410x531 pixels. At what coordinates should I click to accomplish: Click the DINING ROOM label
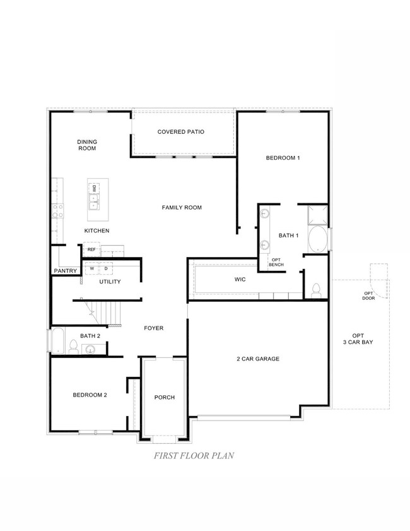(x=87, y=145)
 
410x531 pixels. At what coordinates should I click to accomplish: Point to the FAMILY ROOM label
(x=182, y=207)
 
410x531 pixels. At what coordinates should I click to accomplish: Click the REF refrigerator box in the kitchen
(x=91, y=250)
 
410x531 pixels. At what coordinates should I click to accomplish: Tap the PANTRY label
(x=65, y=271)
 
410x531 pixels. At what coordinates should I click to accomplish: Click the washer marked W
(x=91, y=268)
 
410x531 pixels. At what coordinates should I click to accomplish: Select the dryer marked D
(x=106, y=268)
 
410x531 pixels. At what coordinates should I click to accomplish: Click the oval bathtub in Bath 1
(x=317, y=240)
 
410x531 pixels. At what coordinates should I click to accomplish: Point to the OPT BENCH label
(x=276, y=261)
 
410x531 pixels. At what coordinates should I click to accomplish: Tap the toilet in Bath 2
(x=73, y=347)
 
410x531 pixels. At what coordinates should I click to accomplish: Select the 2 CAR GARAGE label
(x=258, y=359)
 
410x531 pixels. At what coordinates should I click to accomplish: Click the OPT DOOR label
(x=368, y=296)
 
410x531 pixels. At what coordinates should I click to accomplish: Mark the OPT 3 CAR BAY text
(x=358, y=339)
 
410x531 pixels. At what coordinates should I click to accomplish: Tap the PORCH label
(x=165, y=397)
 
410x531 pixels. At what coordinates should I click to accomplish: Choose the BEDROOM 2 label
(x=90, y=395)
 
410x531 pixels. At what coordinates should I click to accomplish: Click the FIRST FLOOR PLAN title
(x=186, y=455)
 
